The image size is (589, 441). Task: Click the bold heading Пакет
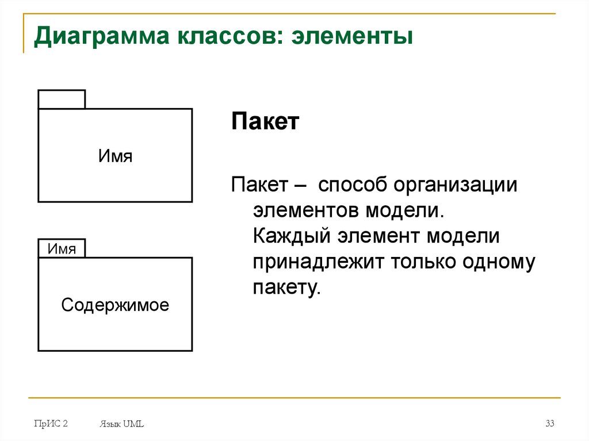(265, 122)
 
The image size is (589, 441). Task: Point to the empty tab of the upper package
(62, 99)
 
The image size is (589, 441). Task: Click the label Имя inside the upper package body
(115, 155)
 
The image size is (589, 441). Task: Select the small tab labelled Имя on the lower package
(62, 248)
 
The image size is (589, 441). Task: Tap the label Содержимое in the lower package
(115, 305)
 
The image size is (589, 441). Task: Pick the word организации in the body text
(456, 185)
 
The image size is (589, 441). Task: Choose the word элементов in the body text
(304, 210)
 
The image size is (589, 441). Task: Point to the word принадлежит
(318, 262)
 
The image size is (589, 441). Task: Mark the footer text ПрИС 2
(51, 424)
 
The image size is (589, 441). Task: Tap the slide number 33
(550, 424)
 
